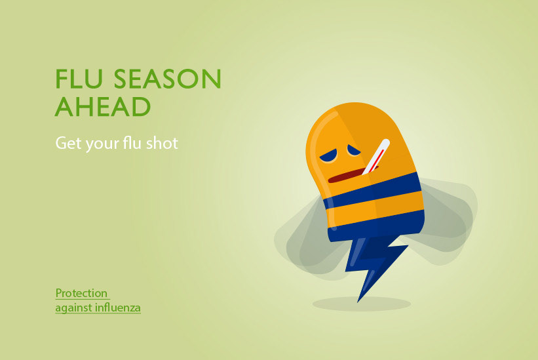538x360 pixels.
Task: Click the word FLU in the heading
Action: (x=79, y=79)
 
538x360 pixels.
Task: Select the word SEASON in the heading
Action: (x=168, y=79)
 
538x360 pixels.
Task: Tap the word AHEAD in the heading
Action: (x=103, y=106)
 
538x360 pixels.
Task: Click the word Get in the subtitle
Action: (x=69, y=143)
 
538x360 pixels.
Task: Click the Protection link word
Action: (x=82, y=293)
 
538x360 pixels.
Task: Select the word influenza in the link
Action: (x=118, y=307)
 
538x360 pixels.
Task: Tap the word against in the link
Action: (x=74, y=308)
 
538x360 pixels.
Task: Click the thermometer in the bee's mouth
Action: (x=376, y=157)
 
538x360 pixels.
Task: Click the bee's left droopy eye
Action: (x=329, y=157)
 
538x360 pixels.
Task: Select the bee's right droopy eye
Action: (x=354, y=150)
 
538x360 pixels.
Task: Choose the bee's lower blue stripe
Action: (x=376, y=226)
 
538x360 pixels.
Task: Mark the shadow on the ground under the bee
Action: (x=362, y=304)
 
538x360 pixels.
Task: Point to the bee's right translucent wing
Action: (x=446, y=220)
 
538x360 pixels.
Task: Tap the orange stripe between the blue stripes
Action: (x=375, y=208)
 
